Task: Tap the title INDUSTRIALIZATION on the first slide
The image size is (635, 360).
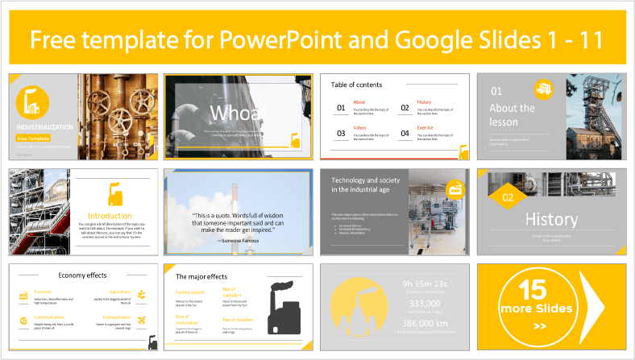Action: tap(45, 127)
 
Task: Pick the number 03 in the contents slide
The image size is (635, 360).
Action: tap(341, 133)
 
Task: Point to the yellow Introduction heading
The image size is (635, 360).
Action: tap(110, 216)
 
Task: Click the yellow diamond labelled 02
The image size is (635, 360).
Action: tap(507, 197)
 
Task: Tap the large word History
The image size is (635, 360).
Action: tap(551, 219)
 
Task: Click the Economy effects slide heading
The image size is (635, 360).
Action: tap(83, 275)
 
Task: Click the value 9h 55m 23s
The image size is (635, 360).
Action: tap(424, 283)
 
